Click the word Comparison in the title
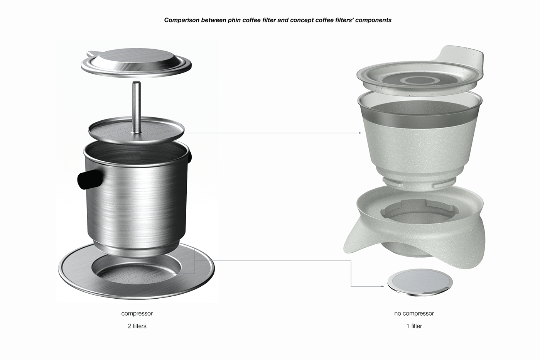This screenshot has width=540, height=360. (x=182, y=20)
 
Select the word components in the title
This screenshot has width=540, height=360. (x=373, y=20)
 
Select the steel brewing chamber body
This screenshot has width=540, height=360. (x=137, y=201)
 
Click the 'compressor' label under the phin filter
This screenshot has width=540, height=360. (x=137, y=313)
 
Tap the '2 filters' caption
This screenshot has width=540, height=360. (x=137, y=326)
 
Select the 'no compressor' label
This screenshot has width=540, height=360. (x=414, y=313)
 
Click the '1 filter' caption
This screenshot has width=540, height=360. (x=414, y=326)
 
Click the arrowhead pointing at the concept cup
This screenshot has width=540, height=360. (x=360, y=133)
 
